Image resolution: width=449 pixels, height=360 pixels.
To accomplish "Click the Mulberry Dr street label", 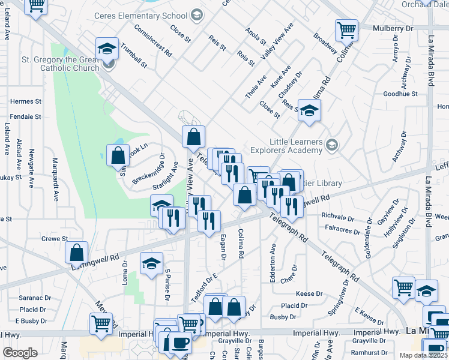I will (393, 28).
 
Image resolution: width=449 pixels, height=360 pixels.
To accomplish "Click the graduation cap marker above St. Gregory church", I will (107, 49).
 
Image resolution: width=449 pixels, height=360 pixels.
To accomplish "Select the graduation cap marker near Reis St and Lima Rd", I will (310, 110).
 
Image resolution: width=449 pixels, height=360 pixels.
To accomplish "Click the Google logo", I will (19, 353).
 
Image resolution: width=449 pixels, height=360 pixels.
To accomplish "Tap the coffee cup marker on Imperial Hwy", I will (180, 343).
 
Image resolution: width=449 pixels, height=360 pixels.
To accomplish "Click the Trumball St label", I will (133, 54).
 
